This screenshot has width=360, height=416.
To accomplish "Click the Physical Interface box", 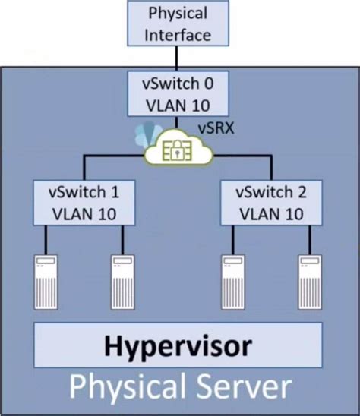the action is tap(178, 23).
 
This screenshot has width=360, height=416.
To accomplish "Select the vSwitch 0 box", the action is tap(178, 93).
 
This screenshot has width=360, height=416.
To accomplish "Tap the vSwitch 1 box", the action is tap(84, 203).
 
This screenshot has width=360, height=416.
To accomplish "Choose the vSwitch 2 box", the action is tap(271, 203).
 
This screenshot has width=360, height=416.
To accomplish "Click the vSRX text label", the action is tap(216, 128).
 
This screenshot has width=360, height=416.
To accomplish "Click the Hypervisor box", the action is tap(178, 345).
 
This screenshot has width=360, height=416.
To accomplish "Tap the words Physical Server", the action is tap(180, 388).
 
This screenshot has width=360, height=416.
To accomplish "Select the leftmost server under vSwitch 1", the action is tap(46, 282).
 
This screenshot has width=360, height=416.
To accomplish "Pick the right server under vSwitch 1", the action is tap(122, 282).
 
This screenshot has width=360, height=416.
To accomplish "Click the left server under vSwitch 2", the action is tap(233, 282).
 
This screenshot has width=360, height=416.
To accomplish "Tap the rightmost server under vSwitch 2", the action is tap(310, 282).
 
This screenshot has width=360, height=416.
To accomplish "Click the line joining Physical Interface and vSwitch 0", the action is tap(177, 58).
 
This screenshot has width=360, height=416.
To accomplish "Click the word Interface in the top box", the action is tap(178, 35).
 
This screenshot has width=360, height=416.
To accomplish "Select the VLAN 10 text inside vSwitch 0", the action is tap(178, 106).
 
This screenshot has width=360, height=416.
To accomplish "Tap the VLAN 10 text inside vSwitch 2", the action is tap(272, 214).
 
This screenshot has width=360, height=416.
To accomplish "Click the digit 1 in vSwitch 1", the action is tap(115, 192).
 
